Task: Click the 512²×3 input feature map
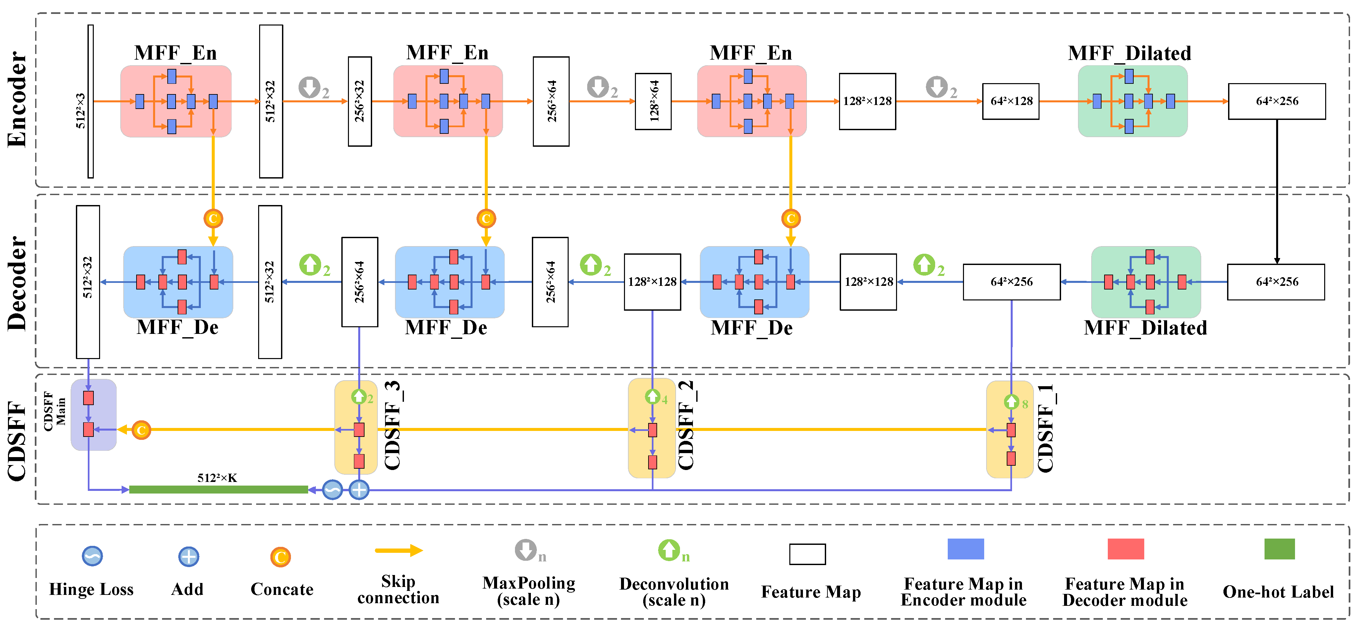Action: pos(90,101)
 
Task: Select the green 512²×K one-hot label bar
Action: pos(218,490)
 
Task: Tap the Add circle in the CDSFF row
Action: pos(359,490)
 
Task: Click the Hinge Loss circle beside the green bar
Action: pos(332,490)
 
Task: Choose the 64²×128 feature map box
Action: pos(1010,101)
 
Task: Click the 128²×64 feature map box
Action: pos(653,101)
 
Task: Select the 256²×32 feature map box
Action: pos(360,101)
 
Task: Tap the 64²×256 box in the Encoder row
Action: pos(1276,101)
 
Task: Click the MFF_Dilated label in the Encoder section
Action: pos(1129,53)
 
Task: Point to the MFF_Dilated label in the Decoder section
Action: pos(1145,328)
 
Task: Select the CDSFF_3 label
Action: pos(393,425)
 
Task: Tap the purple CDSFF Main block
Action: pos(94,414)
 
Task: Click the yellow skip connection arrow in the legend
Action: pos(399,550)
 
